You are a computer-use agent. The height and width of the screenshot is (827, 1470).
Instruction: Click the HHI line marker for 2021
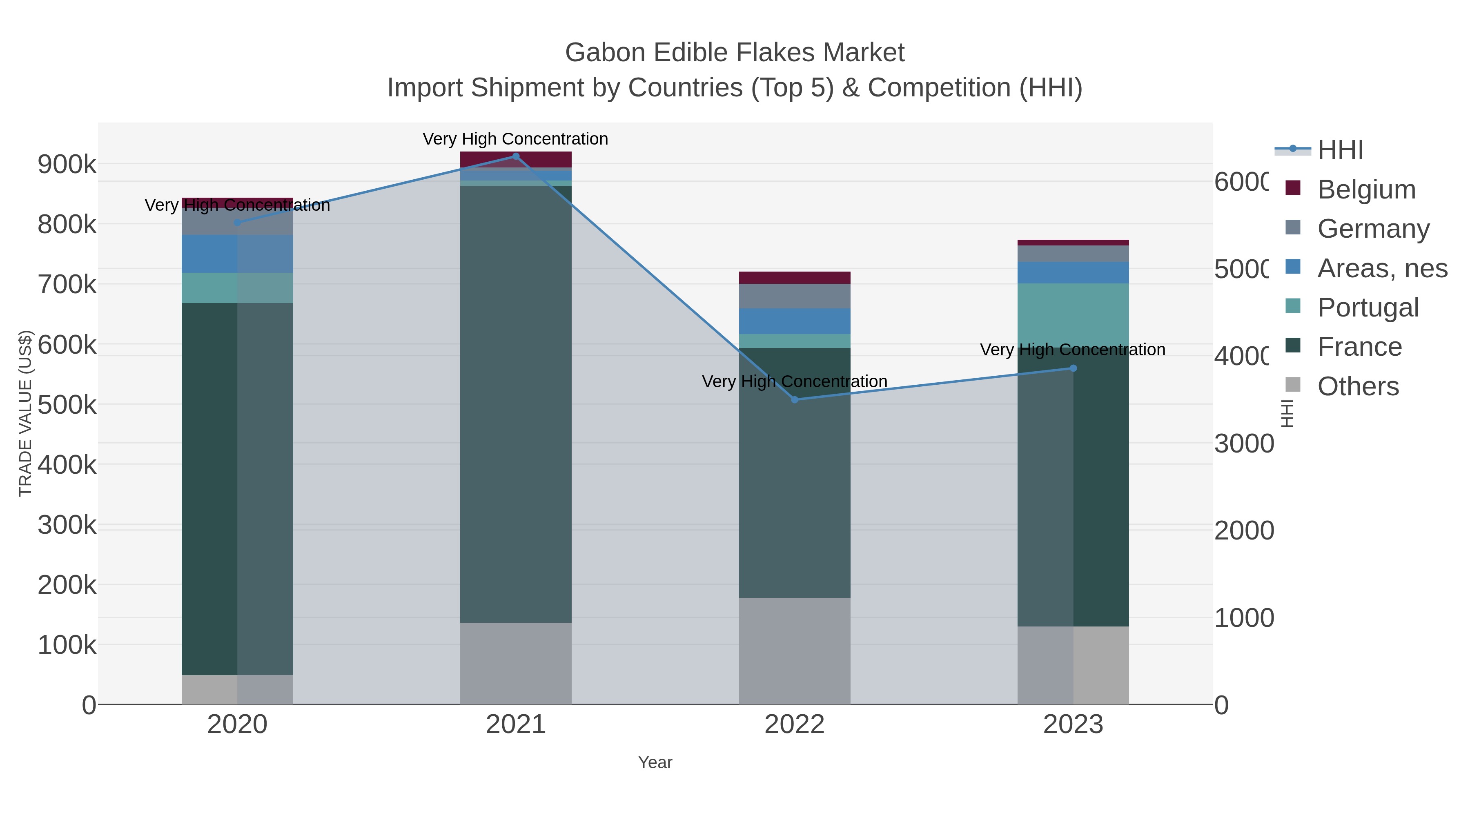516,156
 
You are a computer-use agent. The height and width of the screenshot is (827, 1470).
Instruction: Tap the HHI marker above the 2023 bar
1073,368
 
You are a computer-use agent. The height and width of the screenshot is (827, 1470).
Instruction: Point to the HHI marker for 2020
237,223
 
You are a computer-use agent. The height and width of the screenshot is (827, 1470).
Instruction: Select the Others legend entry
1358,386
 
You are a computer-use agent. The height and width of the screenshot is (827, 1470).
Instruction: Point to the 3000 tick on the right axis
1243,444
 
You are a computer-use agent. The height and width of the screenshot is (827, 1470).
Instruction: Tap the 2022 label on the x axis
794,725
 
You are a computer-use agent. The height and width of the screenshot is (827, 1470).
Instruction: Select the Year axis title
655,762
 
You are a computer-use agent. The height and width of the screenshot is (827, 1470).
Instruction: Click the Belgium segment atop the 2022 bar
794,278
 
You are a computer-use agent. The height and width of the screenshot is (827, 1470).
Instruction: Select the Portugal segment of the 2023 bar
1073,313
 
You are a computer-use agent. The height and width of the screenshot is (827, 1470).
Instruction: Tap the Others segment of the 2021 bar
516,663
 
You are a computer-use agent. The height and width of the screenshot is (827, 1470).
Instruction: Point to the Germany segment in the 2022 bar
794,296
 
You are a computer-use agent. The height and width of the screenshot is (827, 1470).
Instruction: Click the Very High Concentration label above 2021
515,139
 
